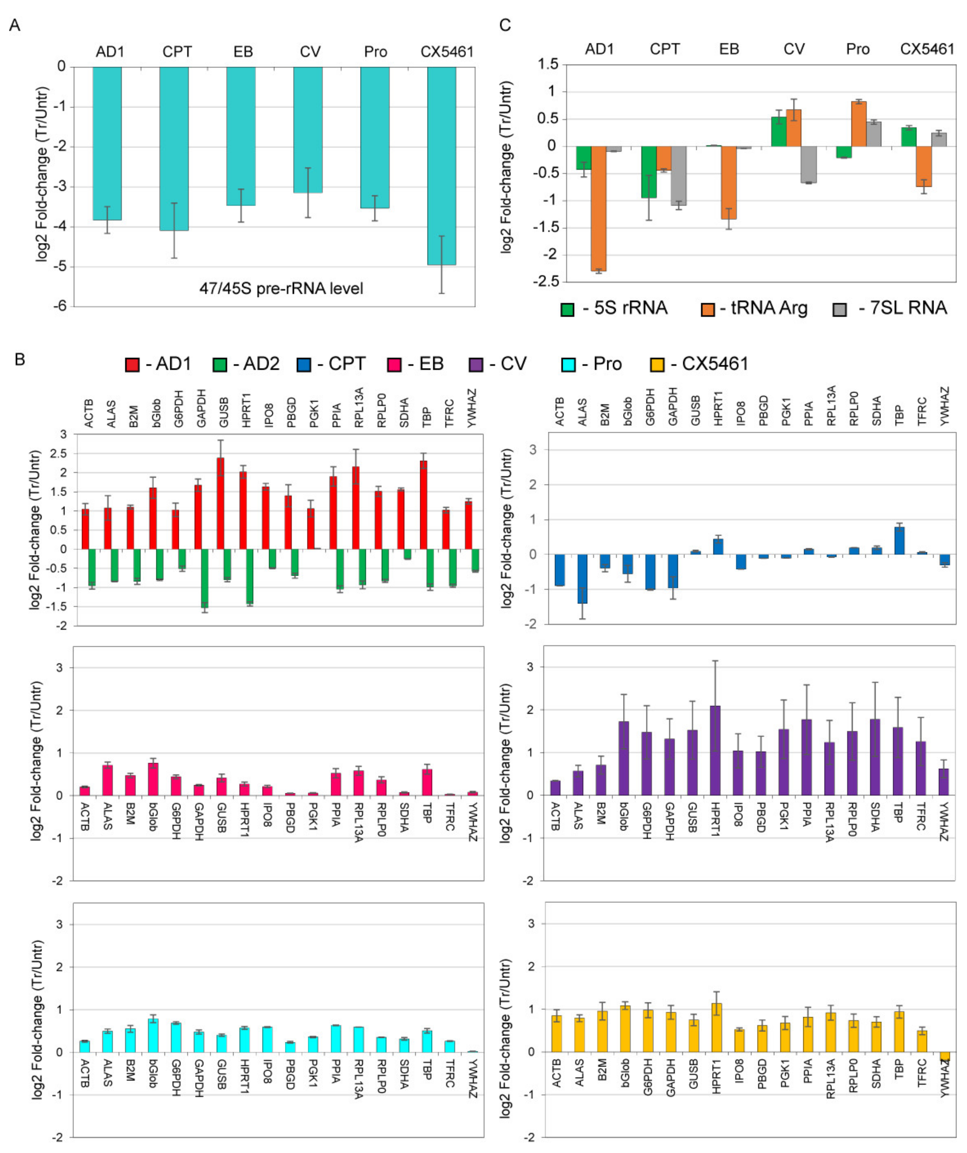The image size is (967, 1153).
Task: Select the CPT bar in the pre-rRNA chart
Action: [x=174, y=148]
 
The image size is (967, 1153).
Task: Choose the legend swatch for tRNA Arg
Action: [x=708, y=310]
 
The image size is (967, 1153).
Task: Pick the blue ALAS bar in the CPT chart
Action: [x=582, y=579]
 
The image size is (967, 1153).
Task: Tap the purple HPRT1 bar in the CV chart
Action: [x=715, y=750]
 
